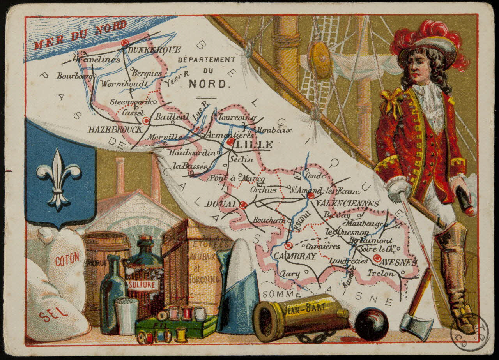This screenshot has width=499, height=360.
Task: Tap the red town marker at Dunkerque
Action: [125, 43]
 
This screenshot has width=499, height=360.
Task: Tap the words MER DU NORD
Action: [80, 34]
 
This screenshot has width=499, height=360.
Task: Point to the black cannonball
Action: [371, 324]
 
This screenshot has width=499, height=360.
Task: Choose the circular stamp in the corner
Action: [469, 332]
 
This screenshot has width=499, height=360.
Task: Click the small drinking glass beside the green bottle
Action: [127, 316]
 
